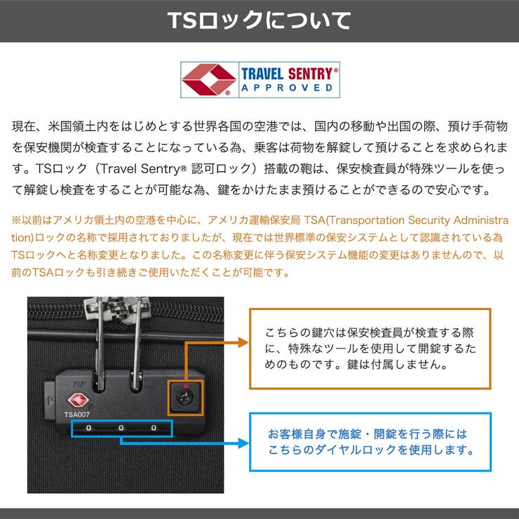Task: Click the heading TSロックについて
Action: pos(259,20)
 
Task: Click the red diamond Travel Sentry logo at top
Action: pos(209,79)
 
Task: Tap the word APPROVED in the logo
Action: pos(287,88)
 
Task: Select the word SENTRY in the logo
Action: pos(311,74)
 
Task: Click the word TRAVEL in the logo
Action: pos(262,74)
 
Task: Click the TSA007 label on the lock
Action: pos(76,414)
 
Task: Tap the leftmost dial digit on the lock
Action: pos(88,428)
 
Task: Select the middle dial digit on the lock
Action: pos(121,428)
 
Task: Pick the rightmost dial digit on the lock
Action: pos(154,428)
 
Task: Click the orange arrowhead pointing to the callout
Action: pos(243,342)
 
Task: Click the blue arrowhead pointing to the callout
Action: pos(243,443)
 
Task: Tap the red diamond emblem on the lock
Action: pos(78,400)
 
